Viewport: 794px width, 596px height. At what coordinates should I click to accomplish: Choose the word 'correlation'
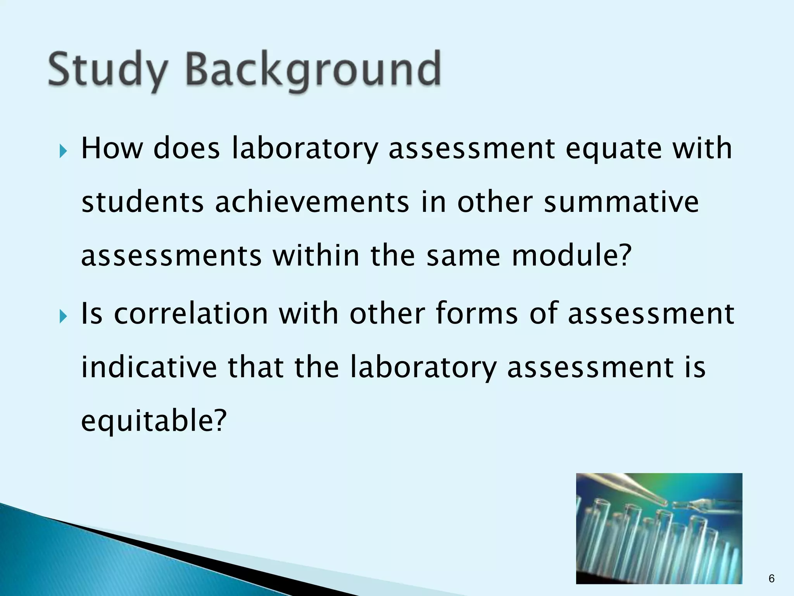(191, 314)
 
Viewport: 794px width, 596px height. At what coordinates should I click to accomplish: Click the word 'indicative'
(149, 367)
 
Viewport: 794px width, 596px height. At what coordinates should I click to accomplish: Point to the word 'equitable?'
(154, 421)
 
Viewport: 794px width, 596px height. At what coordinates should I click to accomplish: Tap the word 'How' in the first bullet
(112, 149)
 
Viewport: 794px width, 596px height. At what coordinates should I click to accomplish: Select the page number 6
(771, 579)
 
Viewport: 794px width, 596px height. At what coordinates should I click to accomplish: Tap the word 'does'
(187, 149)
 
